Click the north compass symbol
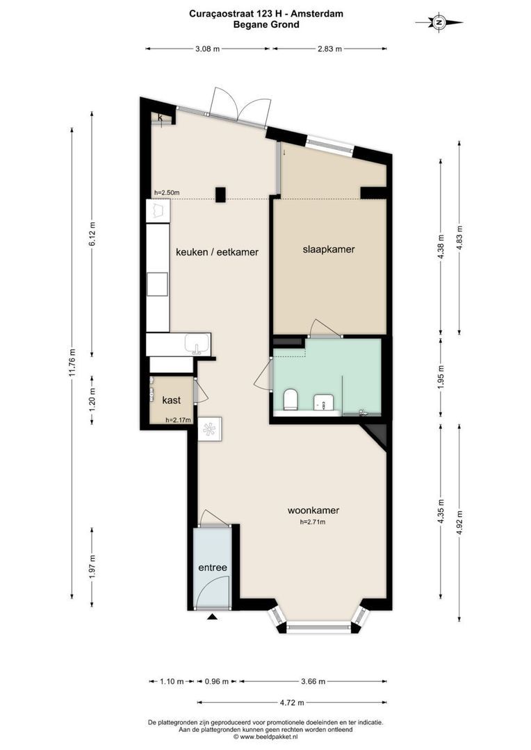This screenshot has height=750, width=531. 439,23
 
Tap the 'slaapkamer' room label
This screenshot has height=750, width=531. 329,249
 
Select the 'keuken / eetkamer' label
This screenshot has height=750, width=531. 216,253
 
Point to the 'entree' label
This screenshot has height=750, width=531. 213,567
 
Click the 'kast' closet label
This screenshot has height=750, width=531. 171,401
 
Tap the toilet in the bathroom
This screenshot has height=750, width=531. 291,399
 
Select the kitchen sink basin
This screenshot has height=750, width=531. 198,344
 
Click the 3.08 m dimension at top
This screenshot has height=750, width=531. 207,49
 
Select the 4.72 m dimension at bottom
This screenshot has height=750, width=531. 292,701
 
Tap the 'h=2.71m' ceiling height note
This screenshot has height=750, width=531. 313,522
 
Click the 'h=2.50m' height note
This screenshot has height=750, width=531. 167,193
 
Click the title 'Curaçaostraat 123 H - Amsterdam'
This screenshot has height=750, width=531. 266,13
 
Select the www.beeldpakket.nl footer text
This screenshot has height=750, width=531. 265,737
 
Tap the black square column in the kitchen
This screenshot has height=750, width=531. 220,195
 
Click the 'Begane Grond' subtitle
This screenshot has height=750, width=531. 266,24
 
